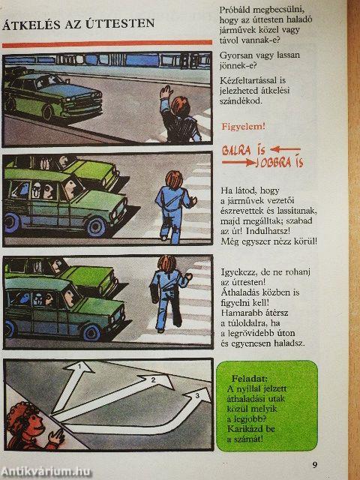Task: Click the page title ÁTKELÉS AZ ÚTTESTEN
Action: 79,24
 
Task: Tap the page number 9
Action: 315,465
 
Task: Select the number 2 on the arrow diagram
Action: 151,379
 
